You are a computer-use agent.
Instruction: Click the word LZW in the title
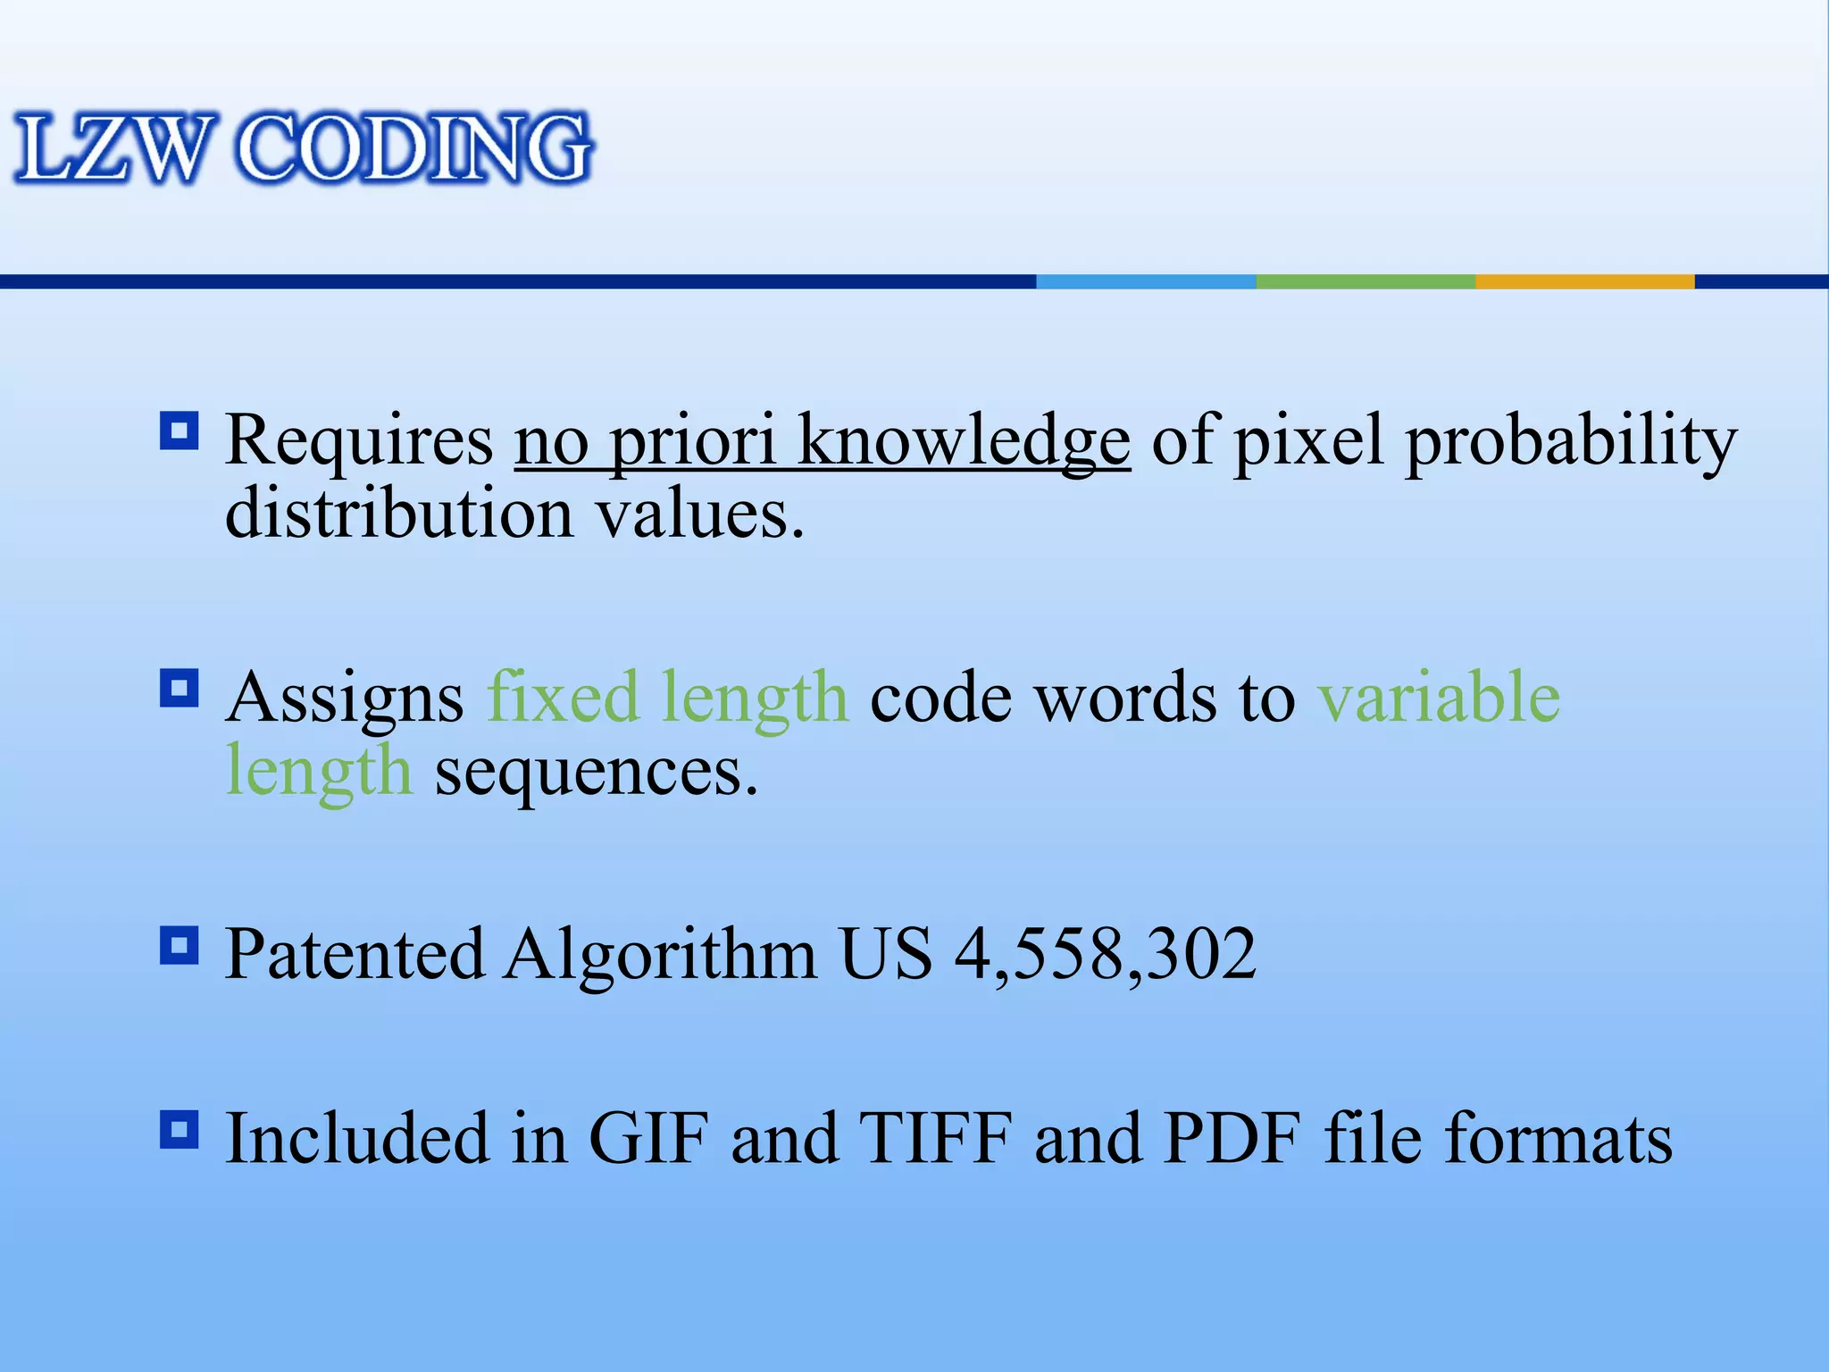click(x=113, y=148)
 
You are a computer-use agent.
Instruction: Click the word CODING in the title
click(x=413, y=148)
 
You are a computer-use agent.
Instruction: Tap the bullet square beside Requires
click(x=179, y=432)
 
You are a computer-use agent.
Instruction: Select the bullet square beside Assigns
click(x=179, y=689)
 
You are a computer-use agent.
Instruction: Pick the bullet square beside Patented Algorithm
click(x=179, y=945)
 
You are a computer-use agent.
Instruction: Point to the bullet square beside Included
click(x=179, y=1130)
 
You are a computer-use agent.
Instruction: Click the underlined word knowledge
click(x=963, y=441)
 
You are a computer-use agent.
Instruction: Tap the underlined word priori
click(x=692, y=441)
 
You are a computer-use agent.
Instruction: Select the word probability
click(x=1571, y=441)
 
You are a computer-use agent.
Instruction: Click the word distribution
click(x=398, y=515)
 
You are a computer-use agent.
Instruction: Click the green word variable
click(x=1439, y=698)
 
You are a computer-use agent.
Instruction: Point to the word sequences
click(x=596, y=772)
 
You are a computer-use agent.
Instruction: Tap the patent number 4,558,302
click(x=1105, y=955)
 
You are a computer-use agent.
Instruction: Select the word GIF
click(x=648, y=1139)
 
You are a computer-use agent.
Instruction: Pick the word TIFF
click(x=935, y=1139)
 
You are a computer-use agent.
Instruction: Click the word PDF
click(x=1232, y=1139)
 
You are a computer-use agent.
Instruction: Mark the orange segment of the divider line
click(x=1584, y=281)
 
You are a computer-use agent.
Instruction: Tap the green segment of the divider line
click(x=1365, y=281)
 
